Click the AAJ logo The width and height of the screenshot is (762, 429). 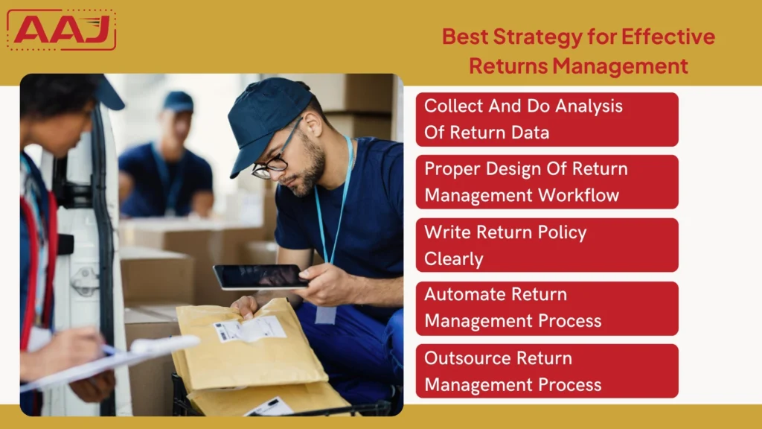pyautogui.click(x=61, y=30)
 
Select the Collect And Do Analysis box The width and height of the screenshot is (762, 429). pyautogui.click(x=547, y=119)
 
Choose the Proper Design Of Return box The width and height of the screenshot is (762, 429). pyautogui.click(x=547, y=182)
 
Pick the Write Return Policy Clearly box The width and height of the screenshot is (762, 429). pyautogui.click(x=547, y=245)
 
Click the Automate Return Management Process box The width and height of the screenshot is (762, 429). pyautogui.click(x=547, y=308)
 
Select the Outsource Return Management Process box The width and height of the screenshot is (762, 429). pyautogui.click(x=547, y=371)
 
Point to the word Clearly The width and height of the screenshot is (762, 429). pyautogui.click(x=454, y=259)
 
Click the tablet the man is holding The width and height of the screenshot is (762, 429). pyautogui.click(x=260, y=276)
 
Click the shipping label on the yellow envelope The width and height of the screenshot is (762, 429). pyautogui.click(x=249, y=329)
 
